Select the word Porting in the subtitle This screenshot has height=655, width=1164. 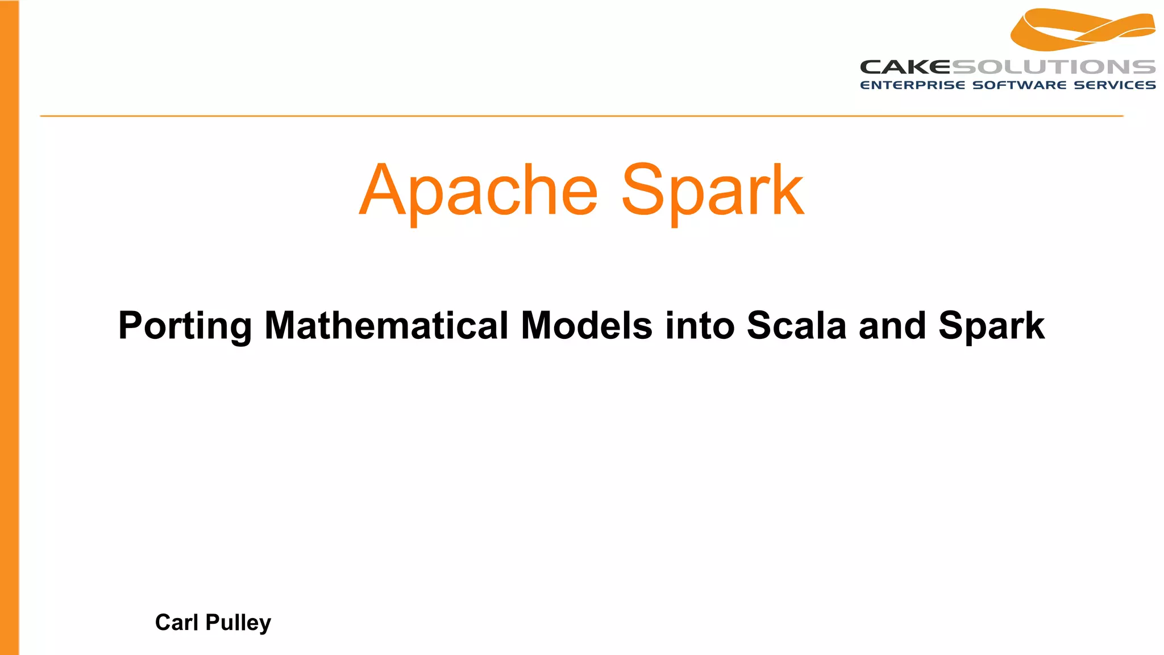[x=185, y=326]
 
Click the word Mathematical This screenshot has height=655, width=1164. [x=386, y=326]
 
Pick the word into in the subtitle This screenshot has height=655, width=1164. [x=700, y=326]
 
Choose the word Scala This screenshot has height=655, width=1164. [x=796, y=326]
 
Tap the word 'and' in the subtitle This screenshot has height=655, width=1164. [x=892, y=326]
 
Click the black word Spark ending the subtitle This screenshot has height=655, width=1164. [x=992, y=326]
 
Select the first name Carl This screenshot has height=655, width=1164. [x=177, y=623]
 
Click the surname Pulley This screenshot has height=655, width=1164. [x=238, y=623]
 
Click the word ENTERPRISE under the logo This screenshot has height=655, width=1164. [x=912, y=85]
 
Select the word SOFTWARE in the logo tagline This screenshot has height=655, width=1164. [x=1020, y=85]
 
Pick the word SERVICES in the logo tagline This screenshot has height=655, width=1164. [x=1115, y=85]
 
